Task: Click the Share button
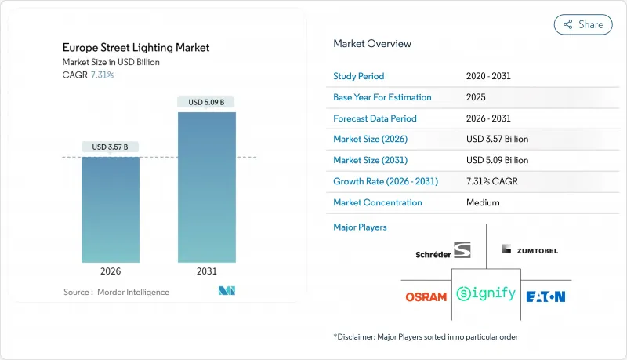[x=583, y=24]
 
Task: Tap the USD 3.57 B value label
[x=111, y=147]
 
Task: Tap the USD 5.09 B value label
[x=206, y=102]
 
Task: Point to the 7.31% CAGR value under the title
[x=102, y=75]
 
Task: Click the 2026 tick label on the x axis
[x=111, y=272]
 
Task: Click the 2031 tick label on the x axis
[x=206, y=272]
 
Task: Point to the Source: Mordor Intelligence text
[x=116, y=292]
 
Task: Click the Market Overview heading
[x=372, y=43]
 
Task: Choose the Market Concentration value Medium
[x=483, y=202]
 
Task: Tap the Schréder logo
[x=444, y=252]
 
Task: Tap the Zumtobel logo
[x=530, y=249]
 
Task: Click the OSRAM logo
[x=426, y=296]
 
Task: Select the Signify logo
[x=487, y=295]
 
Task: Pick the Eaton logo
[x=545, y=296]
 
